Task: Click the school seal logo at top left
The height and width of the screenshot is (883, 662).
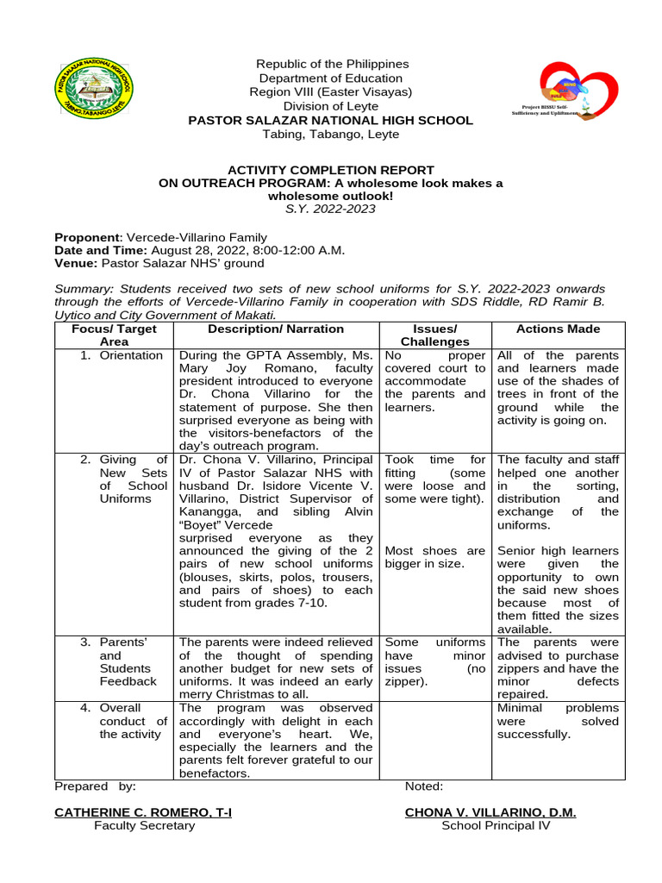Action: tap(93, 88)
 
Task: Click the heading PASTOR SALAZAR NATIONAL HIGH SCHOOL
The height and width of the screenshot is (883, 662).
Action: tap(330, 121)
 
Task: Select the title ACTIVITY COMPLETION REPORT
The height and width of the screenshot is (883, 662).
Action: tap(330, 170)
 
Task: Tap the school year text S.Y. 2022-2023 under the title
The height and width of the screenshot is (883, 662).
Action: tap(330, 209)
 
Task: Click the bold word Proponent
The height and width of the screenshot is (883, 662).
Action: tap(87, 237)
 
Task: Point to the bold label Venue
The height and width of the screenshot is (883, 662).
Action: tap(74, 263)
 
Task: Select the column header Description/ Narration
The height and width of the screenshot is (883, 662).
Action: tap(276, 329)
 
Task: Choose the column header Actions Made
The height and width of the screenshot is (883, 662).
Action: tap(558, 329)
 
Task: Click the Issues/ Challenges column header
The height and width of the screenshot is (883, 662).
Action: tap(435, 335)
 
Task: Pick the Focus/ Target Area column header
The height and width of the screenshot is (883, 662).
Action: tap(114, 335)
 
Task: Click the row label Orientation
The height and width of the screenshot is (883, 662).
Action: tap(130, 355)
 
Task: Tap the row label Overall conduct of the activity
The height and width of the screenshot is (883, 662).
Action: tap(133, 721)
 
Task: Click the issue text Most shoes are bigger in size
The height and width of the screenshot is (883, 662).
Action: tap(435, 557)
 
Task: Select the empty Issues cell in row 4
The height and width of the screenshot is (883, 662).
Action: tap(435, 740)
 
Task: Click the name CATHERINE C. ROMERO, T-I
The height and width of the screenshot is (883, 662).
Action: tap(143, 812)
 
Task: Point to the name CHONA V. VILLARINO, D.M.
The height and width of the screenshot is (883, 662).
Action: tap(490, 812)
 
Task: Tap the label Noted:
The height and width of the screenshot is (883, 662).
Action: tap(424, 786)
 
